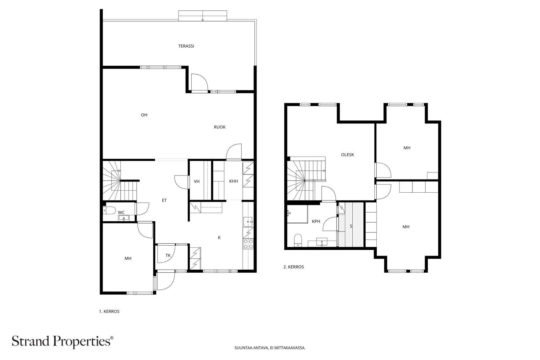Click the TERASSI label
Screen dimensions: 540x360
(x=186, y=46)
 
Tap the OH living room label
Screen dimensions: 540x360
(x=144, y=115)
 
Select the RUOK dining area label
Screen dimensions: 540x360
(x=220, y=127)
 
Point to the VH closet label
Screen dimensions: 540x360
(x=197, y=182)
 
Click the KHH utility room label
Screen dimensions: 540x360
(x=234, y=181)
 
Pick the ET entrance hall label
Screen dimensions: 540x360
(x=164, y=200)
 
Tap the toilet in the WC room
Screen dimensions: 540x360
(x=109, y=210)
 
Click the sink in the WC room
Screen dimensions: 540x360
(x=124, y=218)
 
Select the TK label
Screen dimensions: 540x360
(x=168, y=255)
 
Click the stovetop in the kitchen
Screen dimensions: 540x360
(x=248, y=244)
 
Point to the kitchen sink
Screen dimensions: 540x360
(x=248, y=221)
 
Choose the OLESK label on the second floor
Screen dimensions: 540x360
(x=347, y=155)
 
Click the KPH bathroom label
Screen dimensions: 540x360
(x=316, y=221)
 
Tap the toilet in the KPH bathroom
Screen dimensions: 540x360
(x=298, y=240)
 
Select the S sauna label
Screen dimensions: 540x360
(x=351, y=226)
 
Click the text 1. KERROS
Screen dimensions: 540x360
(x=109, y=311)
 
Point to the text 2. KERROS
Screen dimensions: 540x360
(x=294, y=267)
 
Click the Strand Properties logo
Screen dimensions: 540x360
(x=62, y=341)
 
